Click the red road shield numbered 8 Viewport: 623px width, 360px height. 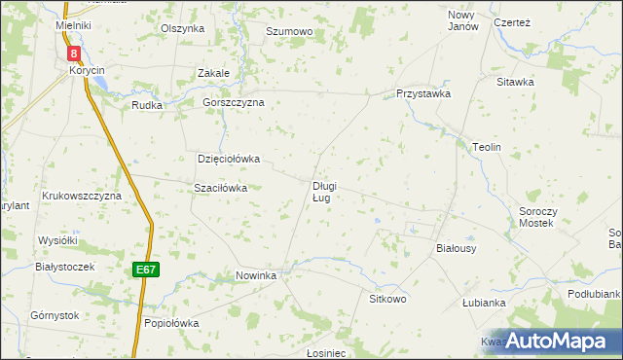[x=75, y=54]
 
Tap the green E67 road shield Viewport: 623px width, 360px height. [x=146, y=270]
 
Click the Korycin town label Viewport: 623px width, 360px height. [x=87, y=71]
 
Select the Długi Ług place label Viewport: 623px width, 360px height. [x=324, y=192]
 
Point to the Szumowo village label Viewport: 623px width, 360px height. [x=288, y=32]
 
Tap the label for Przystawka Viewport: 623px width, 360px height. [x=422, y=94]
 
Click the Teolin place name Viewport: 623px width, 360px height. [x=486, y=147]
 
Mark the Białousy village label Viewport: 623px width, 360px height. [x=456, y=249]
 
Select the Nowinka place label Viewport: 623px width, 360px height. [x=257, y=276]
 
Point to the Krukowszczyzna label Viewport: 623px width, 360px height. [x=81, y=196]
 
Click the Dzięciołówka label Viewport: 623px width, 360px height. [x=230, y=159]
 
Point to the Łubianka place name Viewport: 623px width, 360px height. [x=484, y=303]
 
